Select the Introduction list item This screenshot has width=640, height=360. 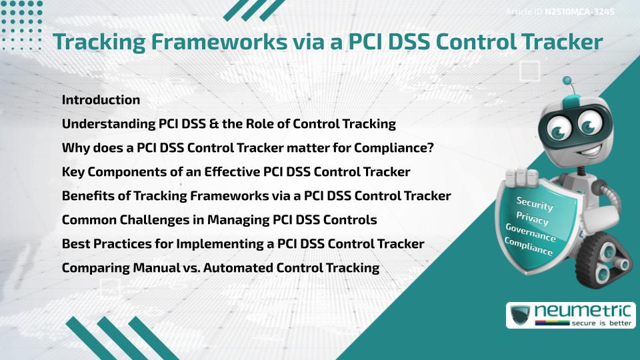(x=101, y=100)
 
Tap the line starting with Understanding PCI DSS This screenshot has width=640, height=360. (x=229, y=124)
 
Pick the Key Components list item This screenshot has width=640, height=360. (x=235, y=172)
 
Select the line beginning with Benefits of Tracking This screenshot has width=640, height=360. (x=256, y=196)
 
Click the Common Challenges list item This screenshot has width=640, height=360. (x=219, y=220)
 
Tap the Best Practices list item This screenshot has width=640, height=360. (x=243, y=244)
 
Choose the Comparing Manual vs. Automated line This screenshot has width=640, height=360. (x=220, y=268)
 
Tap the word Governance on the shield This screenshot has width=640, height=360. (x=531, y=233)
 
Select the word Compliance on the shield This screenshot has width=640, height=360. (x=529, y=247)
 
